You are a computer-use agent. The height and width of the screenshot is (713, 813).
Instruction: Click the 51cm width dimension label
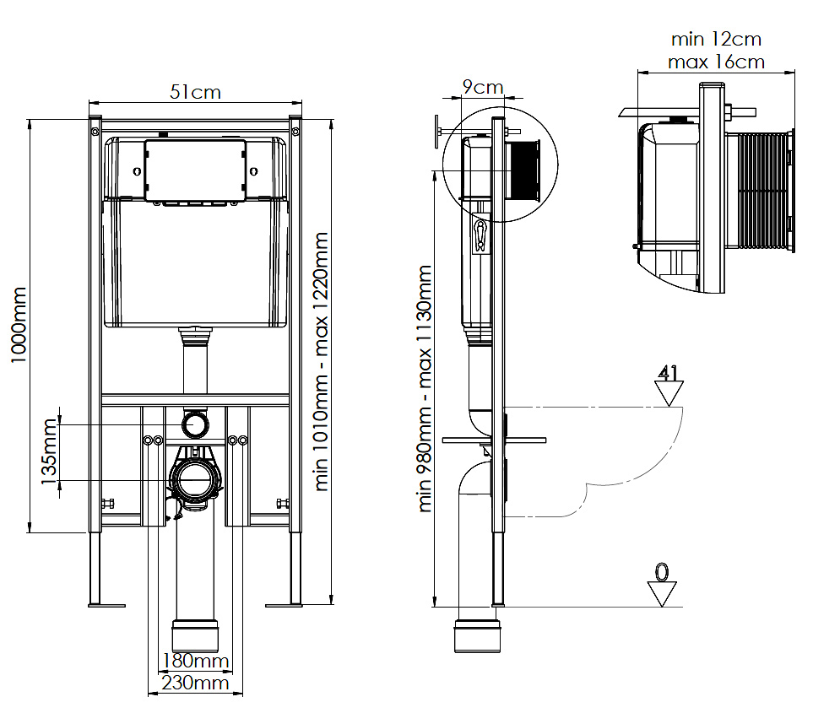(x=195, y=92)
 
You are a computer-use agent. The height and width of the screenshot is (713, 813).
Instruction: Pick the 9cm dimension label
(x=482, y=87)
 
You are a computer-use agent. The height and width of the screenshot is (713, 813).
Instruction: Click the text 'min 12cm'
(x=716, y=40)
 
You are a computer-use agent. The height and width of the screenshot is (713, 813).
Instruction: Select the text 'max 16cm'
(x=716, y=62)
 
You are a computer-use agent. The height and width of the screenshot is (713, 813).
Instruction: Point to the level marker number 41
(x=669, y=373)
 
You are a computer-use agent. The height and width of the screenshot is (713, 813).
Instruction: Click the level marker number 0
(x=662, y=572)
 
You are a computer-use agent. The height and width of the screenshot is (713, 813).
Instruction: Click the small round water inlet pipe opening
(x=196, y=423)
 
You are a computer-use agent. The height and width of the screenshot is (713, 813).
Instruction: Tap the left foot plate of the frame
(x=106, y=604)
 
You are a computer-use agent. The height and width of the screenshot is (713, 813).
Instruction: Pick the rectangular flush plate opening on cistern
(x=196, y=170)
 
